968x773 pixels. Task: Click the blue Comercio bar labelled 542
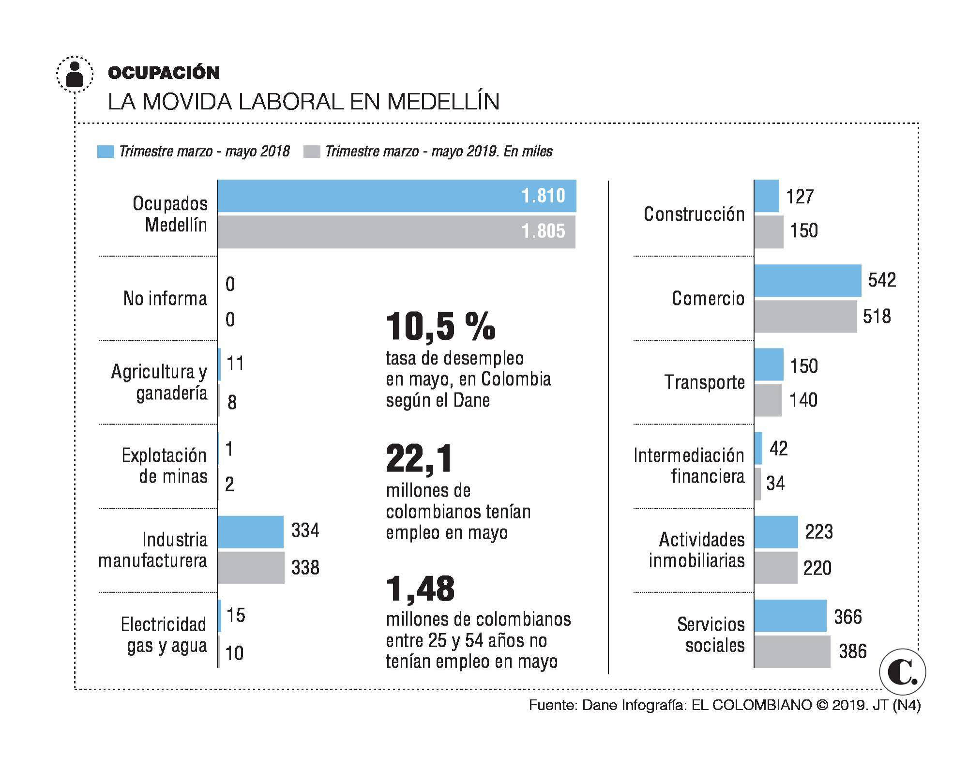click(807, 281)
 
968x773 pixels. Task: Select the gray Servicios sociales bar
click(792, 652)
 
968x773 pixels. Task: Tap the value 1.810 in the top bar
click(543, 196)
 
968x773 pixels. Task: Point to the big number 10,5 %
click(440, 326)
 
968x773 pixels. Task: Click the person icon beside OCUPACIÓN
click(75, 75)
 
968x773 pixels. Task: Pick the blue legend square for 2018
click(106, 152)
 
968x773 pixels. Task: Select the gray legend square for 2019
click(312, 152)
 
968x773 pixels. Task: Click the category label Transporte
click(704, 382)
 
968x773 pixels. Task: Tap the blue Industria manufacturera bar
click(250, 532)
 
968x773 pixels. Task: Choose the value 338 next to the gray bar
click(305, 567)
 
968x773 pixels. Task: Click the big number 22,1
click(419, 458)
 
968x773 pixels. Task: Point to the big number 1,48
click(420, 589)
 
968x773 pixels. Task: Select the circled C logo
click(902, 672)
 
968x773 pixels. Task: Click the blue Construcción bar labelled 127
click(767, 196)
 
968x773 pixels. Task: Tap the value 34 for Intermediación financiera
click(775, 483)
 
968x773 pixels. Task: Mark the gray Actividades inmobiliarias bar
click(775, 568)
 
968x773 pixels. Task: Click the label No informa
click(165, 299)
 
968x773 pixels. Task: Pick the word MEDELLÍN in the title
click(443, 102)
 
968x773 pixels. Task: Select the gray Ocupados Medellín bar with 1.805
click(396, 232)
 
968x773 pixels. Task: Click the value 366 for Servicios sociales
click(847, 617)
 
